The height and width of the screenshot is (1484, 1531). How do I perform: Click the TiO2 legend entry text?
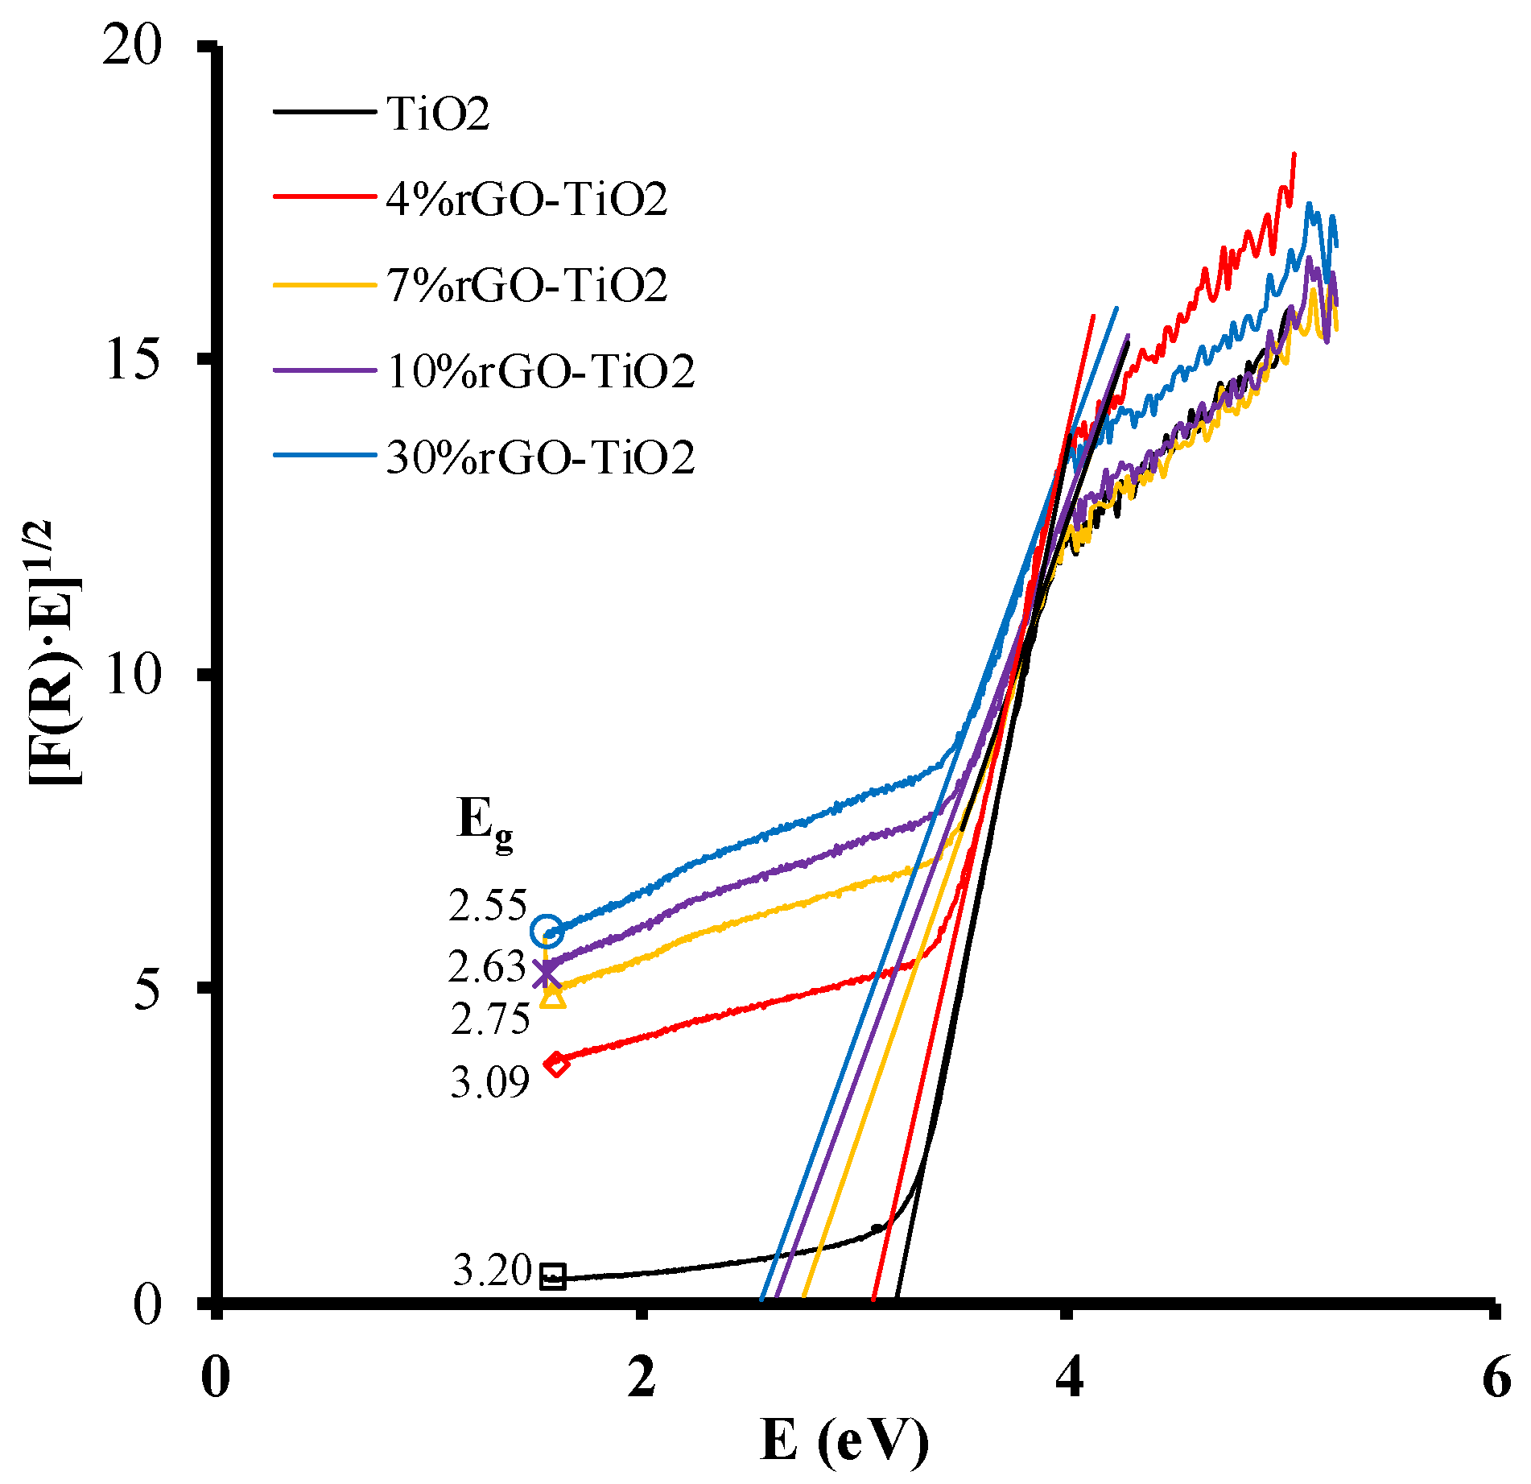pos(437,114)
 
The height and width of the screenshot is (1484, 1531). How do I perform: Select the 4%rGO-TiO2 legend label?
pos(526,199)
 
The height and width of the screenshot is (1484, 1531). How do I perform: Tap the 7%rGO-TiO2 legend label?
pos(526,285)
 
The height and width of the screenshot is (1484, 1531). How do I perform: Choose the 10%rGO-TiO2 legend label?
pos(540,371)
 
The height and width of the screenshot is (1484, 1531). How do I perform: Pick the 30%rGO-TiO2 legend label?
pos(540,457)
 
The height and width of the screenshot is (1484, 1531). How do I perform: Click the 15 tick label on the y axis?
pos(132,362)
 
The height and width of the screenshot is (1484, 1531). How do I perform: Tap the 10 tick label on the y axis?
pos(132,675)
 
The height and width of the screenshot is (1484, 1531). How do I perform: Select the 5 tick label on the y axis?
pos(148,990)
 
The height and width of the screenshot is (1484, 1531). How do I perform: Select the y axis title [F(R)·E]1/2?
pos(55,652)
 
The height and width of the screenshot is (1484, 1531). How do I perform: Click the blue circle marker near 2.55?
pos(547,931)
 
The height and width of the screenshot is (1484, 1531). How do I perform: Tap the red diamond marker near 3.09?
pos(555,1064)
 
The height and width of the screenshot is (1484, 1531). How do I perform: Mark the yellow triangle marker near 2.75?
pos(554,997)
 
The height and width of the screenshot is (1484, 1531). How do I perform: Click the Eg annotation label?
pos(483,823)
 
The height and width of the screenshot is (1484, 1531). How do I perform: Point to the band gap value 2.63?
pos(486,967)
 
